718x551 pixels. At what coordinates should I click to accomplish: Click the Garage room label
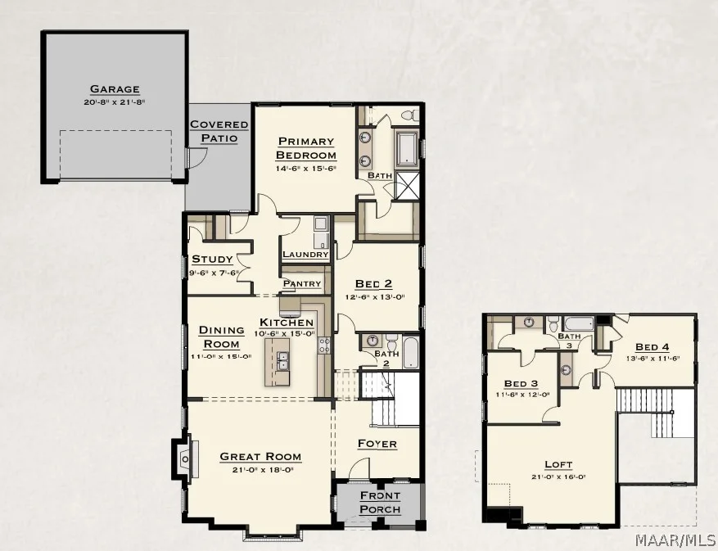click(115, 89)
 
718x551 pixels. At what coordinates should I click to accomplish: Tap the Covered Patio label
click(219, 131)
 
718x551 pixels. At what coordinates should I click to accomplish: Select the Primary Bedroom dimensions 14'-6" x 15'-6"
click(306, 168)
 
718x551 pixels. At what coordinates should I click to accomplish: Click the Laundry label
click(305, 254)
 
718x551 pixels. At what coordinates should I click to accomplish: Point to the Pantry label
click(302, 283)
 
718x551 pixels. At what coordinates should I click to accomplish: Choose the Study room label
click(212, 259)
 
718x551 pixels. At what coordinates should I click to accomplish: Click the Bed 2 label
click(373, 284)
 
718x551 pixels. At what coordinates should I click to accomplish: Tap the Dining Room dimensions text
click(221, 357)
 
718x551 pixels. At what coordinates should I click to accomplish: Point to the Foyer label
click(377, 444)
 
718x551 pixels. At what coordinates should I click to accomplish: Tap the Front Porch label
click(380, 502)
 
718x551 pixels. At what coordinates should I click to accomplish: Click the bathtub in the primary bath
click(407, 148)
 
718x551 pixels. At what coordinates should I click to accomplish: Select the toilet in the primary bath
click(409, 115)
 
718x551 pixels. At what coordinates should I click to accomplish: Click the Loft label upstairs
click(558, 464)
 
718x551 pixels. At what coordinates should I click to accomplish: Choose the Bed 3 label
click(521, 383)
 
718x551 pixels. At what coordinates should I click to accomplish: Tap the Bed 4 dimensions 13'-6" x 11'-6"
click(652, 358)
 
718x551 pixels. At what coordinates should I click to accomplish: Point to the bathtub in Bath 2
click(410, 352)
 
